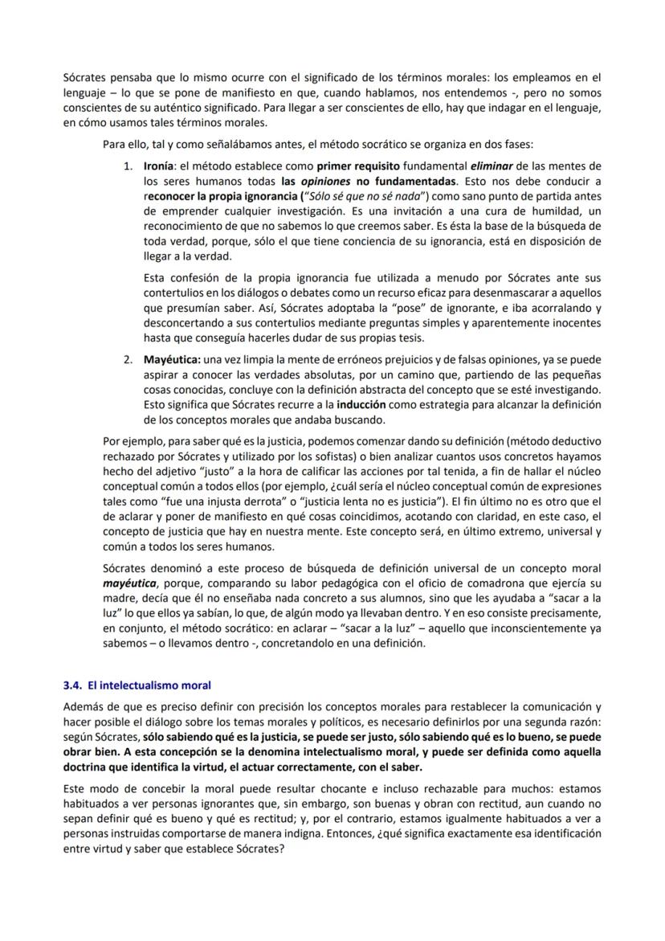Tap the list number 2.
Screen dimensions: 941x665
coord(128,359)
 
